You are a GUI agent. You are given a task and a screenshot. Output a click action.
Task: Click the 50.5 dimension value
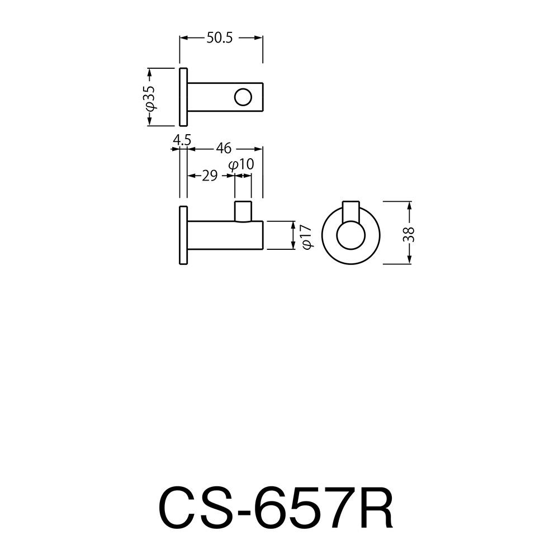(x=220, y=38)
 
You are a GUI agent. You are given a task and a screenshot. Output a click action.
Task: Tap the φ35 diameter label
(x=150, y=97)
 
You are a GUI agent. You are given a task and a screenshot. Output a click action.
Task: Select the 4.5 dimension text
(x=182, y=140)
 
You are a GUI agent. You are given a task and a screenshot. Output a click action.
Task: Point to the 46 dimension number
(x=224, y=148)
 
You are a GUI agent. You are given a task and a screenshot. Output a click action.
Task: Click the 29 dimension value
(x=210, y=176)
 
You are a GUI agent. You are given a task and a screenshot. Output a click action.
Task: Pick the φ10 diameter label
(x=241, y=164)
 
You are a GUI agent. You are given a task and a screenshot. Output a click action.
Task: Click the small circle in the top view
(x=243, y=97)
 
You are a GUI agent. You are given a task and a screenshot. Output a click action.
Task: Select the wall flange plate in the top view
(x=183, y=97)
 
